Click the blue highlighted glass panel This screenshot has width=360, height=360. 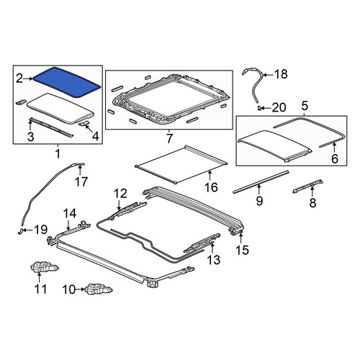(67, 82)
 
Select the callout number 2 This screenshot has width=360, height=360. (19, 78)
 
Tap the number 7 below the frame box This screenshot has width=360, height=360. (169, 138)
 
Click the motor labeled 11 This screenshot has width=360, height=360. (45, 267)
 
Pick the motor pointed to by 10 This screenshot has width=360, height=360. (99, 289)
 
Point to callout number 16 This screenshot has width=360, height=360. (211, 187)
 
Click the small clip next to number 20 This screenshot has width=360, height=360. (259, 108)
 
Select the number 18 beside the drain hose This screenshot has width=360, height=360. (281, 74)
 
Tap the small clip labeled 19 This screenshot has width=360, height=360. (21, 230)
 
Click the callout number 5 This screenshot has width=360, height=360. (305, 106)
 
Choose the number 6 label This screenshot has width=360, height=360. (334, 158)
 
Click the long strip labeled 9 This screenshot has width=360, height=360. (261, 182)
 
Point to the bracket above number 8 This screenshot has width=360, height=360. (307, 186)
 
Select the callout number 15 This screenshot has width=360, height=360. (242, 250)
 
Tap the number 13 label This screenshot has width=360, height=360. (213, 260)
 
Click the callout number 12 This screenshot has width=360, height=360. (120, 194)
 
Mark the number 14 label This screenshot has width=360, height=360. (70, 213)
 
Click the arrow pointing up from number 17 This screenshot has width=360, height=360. (80, 170)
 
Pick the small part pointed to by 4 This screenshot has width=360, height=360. (84, 123)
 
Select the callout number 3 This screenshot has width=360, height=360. (30, 137)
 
